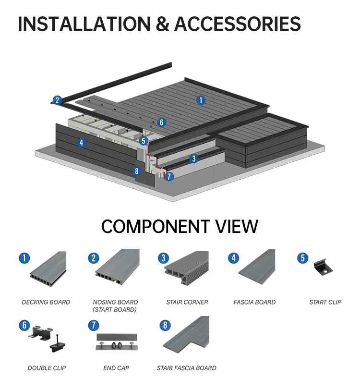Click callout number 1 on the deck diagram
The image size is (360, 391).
tap(201, 100)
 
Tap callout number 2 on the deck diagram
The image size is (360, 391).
tap(58, 100)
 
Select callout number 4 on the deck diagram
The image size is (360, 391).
tap(82, 143)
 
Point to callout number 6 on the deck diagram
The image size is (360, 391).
tap(162, 122)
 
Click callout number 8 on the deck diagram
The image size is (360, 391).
tap(137, 171)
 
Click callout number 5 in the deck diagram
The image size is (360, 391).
tap(144, 141)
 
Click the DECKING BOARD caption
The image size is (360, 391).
tap(46, 302)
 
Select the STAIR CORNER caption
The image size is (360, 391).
tap(187, 302)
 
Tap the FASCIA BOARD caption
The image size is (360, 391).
tap(254, 302)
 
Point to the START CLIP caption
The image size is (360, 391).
tap(325, 302)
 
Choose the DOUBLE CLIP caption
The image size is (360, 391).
tap(47, 368)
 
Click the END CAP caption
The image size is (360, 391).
tap(116, 368)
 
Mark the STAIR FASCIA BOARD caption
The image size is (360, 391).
tap(186, 368)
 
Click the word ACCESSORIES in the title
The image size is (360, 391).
tap(237, 24)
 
